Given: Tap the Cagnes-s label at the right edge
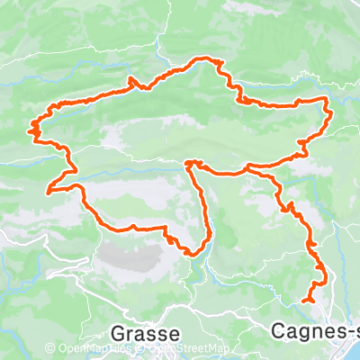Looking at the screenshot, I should pos(314,331).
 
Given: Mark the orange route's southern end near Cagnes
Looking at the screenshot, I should pos(305,301).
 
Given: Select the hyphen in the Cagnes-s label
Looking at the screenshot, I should pos(343,332).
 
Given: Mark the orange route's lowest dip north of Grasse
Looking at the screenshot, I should pos(191,253).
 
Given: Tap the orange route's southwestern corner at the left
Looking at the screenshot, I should pos(49,190).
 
